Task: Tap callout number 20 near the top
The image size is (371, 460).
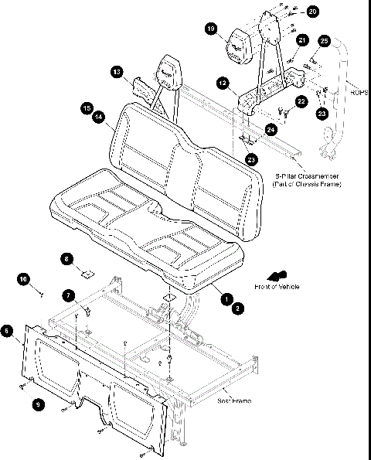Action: [x=311, y=12]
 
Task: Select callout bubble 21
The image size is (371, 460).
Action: [x=302, y=40]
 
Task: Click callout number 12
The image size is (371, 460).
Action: [x=222, y=82]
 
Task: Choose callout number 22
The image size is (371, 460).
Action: [x=301, y=101]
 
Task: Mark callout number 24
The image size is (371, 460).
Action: [x=270, y=131]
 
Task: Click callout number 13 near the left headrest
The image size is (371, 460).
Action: [x=116, y=71]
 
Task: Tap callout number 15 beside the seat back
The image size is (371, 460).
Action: [x=87, y=108]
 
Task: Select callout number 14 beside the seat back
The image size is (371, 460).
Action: [x=98, y=118]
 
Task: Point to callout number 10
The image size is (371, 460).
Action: [x=23, y=278]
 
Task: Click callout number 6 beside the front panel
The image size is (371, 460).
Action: [x=8, y=331]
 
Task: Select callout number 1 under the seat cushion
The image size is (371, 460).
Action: [x=226, y=298]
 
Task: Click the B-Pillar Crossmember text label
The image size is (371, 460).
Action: [x=311, y=181]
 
